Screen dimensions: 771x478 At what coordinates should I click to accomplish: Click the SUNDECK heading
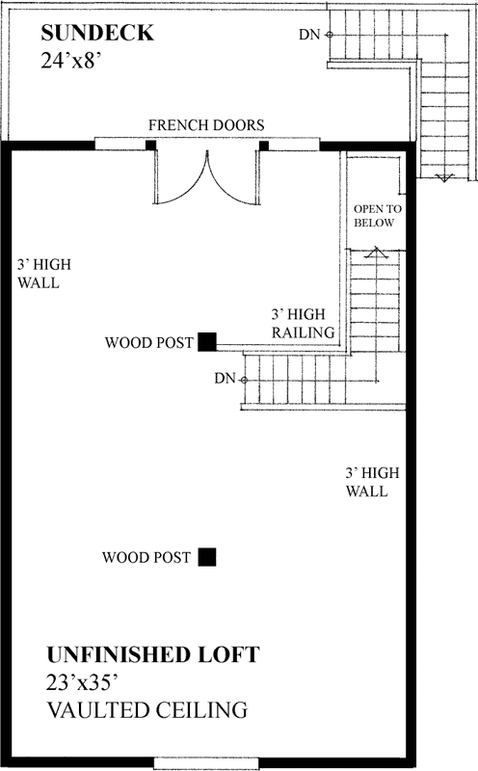96,34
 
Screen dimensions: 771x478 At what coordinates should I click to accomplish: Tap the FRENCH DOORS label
206,125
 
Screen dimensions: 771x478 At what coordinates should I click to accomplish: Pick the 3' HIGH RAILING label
303,324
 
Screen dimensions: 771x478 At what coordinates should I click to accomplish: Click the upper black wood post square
207,341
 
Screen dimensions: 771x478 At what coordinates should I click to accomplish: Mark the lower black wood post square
207,556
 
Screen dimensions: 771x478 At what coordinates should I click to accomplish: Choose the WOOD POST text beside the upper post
148,342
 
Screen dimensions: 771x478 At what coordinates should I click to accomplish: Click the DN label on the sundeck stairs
309,35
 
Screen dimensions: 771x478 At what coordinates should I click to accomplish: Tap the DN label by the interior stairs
224,378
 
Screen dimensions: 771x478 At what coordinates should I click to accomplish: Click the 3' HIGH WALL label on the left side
39,274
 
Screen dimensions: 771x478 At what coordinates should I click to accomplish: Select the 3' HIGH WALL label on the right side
366,482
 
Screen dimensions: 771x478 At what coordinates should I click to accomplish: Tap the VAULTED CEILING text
146,711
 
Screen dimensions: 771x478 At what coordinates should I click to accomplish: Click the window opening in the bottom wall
207,763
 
